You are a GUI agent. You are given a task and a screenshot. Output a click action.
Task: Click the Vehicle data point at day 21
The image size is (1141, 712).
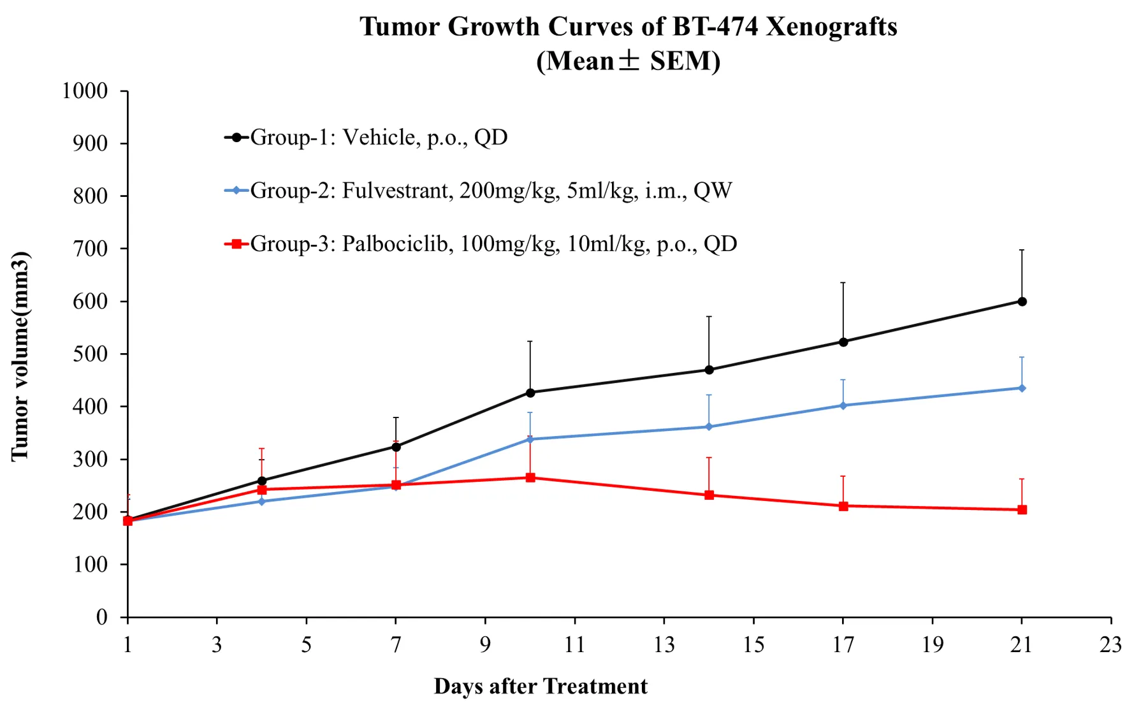(1022, 302)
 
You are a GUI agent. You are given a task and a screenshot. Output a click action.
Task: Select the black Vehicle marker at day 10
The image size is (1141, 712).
(530, 393)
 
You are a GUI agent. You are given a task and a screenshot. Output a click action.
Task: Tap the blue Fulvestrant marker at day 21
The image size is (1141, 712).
(1022, 388)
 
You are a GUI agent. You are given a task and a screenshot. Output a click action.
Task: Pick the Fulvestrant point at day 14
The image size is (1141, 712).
(709, 427)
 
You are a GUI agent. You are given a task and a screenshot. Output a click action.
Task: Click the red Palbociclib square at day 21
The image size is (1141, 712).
(1022, 510)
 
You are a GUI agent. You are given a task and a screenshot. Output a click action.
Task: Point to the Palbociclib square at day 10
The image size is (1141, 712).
(530, 477)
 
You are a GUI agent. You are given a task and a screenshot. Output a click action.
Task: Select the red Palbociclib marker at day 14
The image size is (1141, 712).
(709, 495)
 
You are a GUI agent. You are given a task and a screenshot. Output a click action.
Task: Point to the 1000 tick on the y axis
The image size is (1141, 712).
(85, 91)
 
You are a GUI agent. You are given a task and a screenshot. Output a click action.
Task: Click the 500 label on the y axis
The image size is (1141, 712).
(90, 354)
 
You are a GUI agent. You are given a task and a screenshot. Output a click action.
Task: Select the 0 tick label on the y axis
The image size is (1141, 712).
(102, 618)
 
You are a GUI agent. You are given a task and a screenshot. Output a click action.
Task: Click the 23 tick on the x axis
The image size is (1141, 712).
(1110, 645)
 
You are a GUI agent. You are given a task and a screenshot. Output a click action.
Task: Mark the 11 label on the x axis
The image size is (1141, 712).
(574, 645)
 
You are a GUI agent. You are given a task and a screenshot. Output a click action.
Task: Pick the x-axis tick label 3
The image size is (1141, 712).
(217, 645)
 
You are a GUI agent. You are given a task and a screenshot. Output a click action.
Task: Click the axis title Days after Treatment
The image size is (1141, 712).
(541, 687)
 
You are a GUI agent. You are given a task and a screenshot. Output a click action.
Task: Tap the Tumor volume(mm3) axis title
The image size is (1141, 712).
(20, 356)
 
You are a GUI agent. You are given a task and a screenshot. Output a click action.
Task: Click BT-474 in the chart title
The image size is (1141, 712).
(715, 27)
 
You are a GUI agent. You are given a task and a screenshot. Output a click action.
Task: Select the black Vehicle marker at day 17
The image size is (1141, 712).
(843, 342)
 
